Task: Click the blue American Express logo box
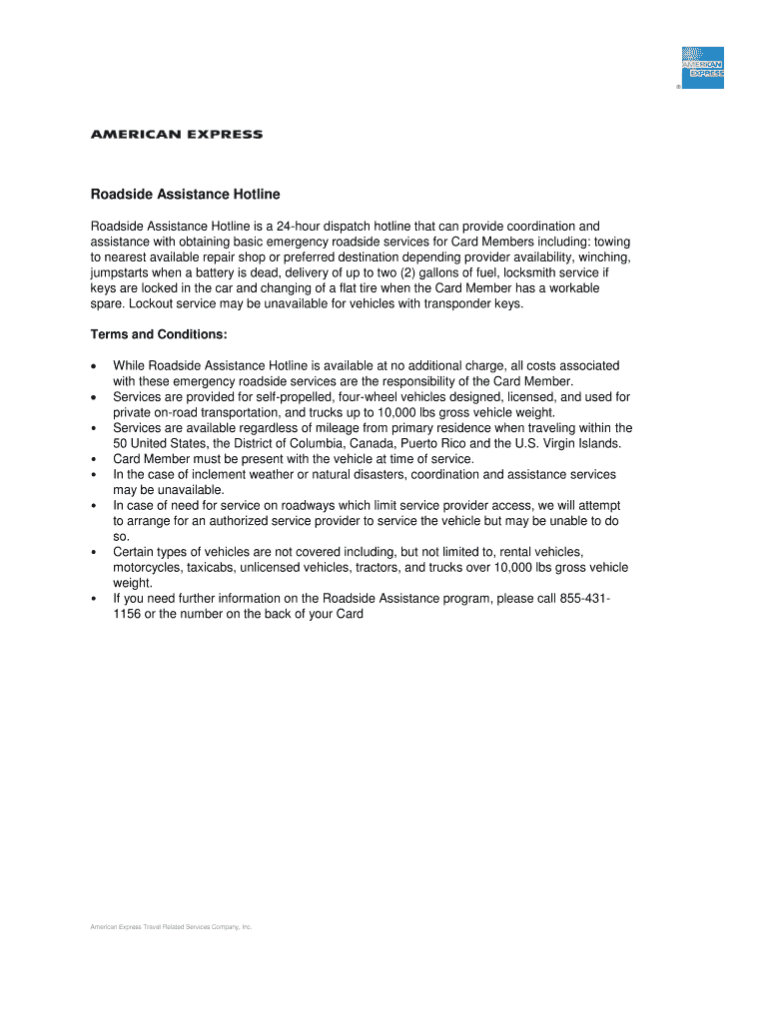tap(702, 67)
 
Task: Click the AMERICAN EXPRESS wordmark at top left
tap(177, 134)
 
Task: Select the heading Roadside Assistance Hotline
tap(186, 194)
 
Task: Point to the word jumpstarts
tap(123, 272)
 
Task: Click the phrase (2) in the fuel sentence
tap(455, 272)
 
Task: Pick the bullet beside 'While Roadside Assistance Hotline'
tap(93, 366)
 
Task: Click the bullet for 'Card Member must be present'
tap(93, 459)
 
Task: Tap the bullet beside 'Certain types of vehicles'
tap(93, 552)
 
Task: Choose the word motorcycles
tap(148, 568)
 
